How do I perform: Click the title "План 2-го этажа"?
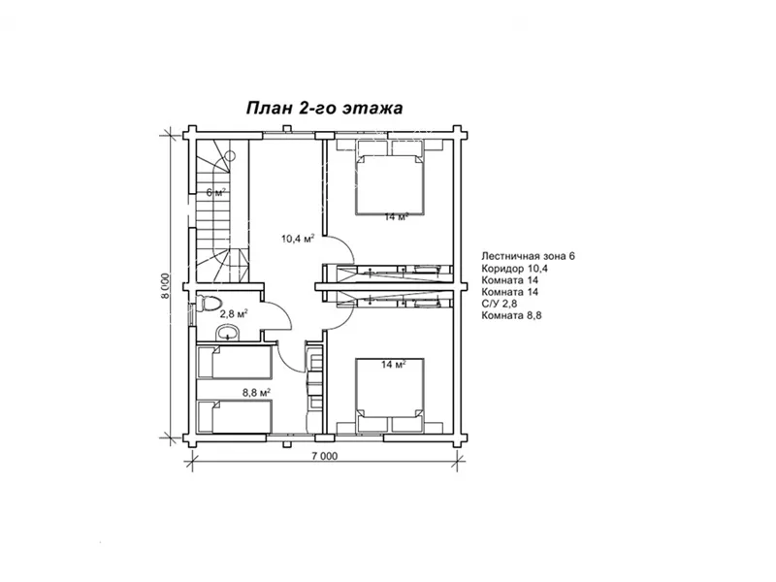(x=324, y=108)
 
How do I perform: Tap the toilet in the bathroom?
(x=208, y=303)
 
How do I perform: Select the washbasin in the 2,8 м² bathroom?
(x=227, y=333)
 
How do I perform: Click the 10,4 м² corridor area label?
(x=299, y=239)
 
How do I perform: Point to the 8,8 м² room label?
(x=256, y=393)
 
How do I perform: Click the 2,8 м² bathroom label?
(x=234, y=313)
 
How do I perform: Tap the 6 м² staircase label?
(x=215, y=192)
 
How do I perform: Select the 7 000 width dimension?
(x=325, y=456)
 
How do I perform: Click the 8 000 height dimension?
(x=165, y=286)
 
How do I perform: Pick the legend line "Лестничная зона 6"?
(x=528, y=256)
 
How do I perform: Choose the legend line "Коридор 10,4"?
(x=515, y=269)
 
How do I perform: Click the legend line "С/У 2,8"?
(x=500, y=304)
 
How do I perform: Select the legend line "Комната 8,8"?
(x=511, y=316)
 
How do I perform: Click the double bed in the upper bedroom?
(x=390, y=184)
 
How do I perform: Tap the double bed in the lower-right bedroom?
(x=390, y=388)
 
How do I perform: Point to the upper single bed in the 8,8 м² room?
(x=235, y=362)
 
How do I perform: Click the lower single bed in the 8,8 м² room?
(x=235, y=416)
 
